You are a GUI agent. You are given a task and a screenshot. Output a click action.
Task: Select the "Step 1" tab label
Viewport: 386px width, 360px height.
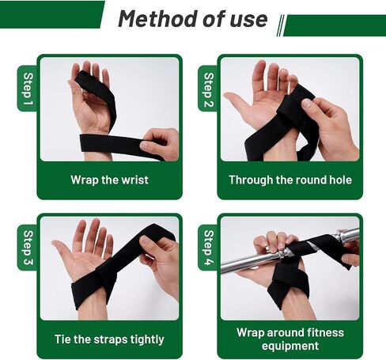pyautogui.click(x=28, y=89)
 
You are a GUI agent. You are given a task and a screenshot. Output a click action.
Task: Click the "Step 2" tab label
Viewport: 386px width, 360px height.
pyautogui.click(x=208, y=89)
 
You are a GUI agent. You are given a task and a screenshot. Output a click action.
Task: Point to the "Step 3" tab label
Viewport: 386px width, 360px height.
pyautogui.click(x=28, y=248)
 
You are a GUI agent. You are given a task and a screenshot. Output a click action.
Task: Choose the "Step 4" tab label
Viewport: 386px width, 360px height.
pyautogui.click(x=208, y=248)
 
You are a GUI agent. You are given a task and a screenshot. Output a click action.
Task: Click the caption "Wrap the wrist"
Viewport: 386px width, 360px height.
pyautogui.click(x=109, y=180)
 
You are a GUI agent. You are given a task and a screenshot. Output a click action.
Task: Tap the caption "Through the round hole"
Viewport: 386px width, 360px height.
pyautogui.click(x=290, y=180)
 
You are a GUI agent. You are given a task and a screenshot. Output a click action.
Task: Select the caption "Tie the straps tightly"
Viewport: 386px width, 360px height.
pyautogui.click(x=109, y=339)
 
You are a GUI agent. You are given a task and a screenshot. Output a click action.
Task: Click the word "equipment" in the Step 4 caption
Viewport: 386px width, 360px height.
pyautogui.click(x=290, y=346)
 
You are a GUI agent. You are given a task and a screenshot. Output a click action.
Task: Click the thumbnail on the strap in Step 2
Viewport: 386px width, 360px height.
pyautogui.click(x=306, y=104)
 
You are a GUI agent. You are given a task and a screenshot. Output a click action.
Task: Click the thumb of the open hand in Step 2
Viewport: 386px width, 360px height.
pyautogui.click(x=235, y=102)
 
